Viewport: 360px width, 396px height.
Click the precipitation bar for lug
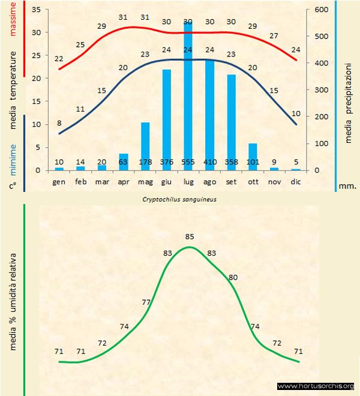point(188,96)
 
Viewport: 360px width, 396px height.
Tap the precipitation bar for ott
point(253,157)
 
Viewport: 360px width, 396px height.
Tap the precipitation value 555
point(188,162)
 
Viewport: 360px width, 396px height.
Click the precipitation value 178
point(145,162)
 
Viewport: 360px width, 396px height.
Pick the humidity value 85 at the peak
point(190,237)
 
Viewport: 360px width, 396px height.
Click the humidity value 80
point(233,277)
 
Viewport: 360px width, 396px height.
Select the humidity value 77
point(146,302)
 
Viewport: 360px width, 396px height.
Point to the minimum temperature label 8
point(59,124)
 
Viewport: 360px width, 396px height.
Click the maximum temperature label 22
point(59,59)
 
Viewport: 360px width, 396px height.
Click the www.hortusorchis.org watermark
point(316,386)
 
